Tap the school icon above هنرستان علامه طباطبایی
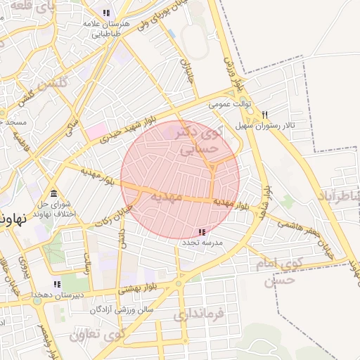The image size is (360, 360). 106,13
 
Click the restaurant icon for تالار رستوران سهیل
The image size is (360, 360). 264,115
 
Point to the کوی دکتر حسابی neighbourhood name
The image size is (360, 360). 196,140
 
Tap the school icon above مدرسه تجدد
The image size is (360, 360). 202,232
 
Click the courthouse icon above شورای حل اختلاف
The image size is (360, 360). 53,194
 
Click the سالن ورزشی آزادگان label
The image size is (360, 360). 122,309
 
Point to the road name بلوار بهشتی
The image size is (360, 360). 134,288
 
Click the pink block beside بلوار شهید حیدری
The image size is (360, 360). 96,131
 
